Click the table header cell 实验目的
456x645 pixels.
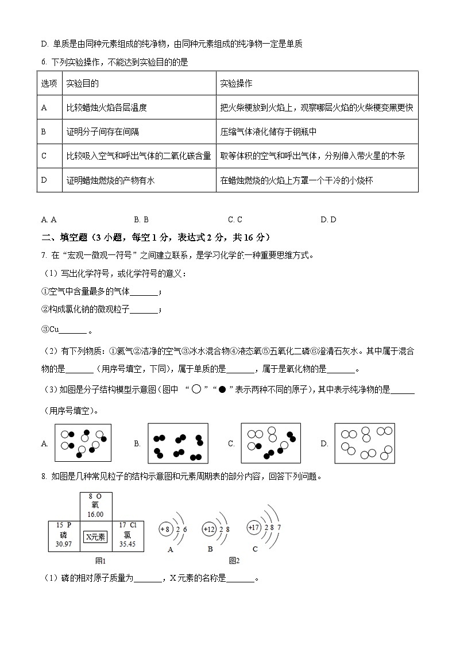(x=83, y=84)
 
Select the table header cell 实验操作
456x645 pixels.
(x=237, y=84)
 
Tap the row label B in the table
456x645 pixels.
(x=44, y=132)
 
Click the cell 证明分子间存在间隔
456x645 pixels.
(x=103, y=132)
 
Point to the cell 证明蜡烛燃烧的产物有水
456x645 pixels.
(x=110, y=180)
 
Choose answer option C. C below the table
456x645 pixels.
(x=235, y=219)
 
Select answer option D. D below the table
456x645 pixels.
(x=329, y=219)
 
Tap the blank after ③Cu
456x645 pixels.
(x=73, y=331)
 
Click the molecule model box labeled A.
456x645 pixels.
(x=83, y=443)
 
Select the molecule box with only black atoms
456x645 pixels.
(x=177, y=443)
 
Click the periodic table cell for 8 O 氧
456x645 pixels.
(x=96, y=506)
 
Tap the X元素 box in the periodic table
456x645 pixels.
(x=95, y=537)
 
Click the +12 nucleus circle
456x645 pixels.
(x=210, y=529)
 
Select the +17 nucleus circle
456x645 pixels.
(x=253, y=527)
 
